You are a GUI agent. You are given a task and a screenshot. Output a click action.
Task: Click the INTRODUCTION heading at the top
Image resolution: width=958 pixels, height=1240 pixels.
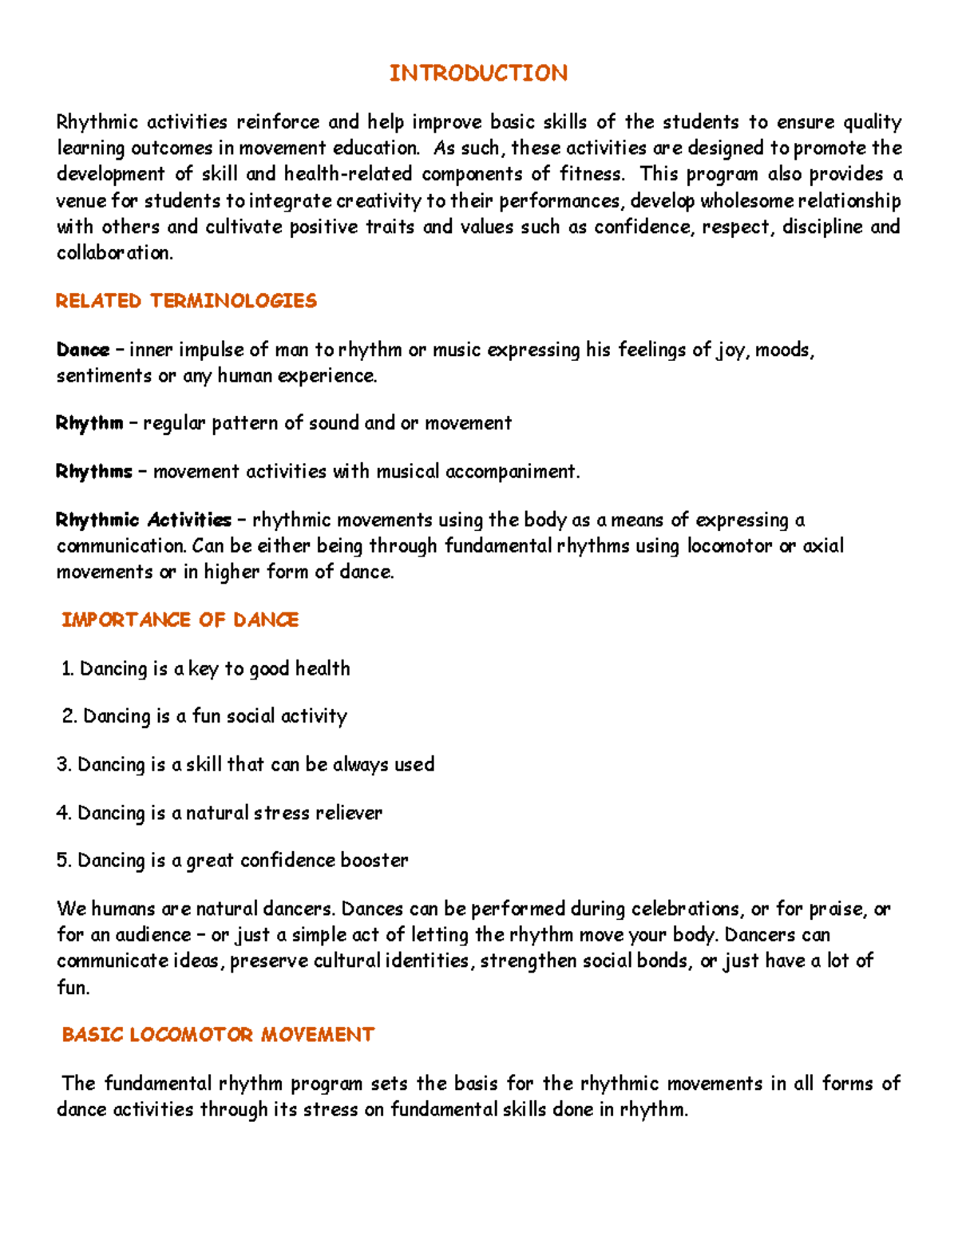[x=478, y=73]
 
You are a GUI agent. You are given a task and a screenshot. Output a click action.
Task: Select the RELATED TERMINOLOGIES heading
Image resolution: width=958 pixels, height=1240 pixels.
[x=186, y=301]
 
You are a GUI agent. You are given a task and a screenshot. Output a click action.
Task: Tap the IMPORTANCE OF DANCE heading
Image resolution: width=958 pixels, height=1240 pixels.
[x=180, y=620]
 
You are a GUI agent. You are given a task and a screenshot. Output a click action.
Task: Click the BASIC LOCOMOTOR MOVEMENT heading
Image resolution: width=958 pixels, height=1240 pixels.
[x=218, y=1035]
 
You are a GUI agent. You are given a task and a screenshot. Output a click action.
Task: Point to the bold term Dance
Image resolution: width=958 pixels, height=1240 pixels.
[x=82, y=350]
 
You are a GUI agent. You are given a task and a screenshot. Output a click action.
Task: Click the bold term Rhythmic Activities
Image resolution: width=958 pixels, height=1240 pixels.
[x=144, y=521]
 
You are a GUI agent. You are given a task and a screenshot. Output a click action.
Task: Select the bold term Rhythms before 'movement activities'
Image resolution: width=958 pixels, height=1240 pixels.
[x=94, y=472]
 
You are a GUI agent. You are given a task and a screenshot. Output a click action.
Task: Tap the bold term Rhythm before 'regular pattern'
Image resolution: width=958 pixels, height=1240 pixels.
[x=89, y=423]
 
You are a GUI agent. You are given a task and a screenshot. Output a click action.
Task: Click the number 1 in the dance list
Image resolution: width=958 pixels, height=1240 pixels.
[x=66, y=669]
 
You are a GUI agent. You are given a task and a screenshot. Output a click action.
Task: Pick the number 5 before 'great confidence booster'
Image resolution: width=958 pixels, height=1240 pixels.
[x=63, y=861]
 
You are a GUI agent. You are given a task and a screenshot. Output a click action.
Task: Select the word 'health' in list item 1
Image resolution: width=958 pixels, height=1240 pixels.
[x=323, y=668]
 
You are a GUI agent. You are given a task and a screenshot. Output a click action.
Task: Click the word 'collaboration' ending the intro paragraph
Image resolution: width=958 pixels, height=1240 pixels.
[x=114, y=253]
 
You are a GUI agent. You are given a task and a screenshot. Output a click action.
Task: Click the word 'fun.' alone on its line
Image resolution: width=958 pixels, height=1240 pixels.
[x=73, y=988]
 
